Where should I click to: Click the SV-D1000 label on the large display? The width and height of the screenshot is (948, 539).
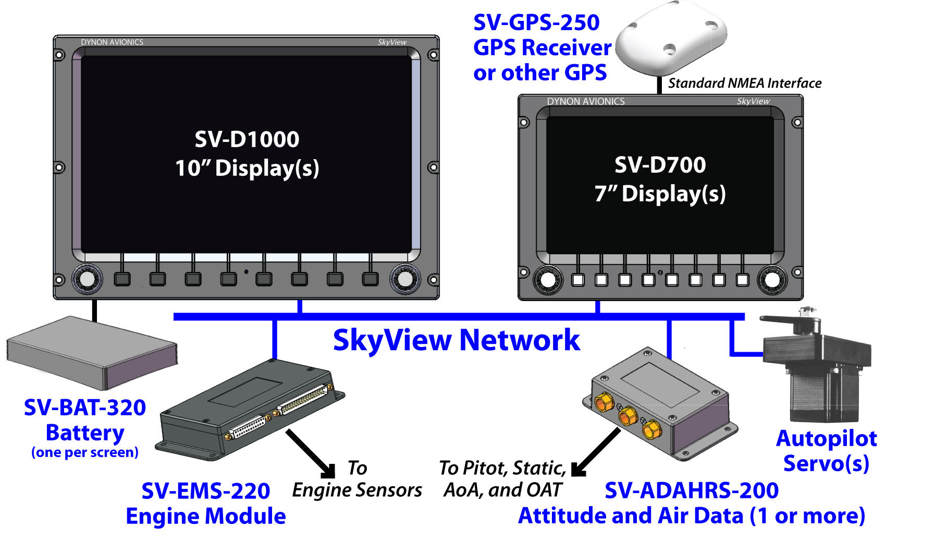[247, 139]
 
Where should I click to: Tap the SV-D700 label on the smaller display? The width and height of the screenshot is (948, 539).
[660, 165]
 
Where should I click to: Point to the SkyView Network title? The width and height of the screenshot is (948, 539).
[456, 340]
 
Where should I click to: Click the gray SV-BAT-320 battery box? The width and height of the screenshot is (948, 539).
[91, 352]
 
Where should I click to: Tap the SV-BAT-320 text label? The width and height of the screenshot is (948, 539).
[85, 408]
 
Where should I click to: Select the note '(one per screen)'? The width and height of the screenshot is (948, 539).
[85, 452]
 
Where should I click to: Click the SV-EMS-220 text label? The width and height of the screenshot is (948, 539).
[206, 491]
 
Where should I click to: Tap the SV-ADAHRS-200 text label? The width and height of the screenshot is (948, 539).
[692, 490]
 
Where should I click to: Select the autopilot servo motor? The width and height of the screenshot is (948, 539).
[816, 370]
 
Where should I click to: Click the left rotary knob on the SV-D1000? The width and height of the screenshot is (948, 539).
[87, 279]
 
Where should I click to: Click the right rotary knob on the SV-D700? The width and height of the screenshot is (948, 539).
[771, 280]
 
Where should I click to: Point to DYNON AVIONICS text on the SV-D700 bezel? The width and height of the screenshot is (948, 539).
[586, 101]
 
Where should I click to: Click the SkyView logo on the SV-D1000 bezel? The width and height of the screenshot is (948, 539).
[392, 42]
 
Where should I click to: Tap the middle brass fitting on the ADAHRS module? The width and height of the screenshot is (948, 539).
[627, 416]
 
